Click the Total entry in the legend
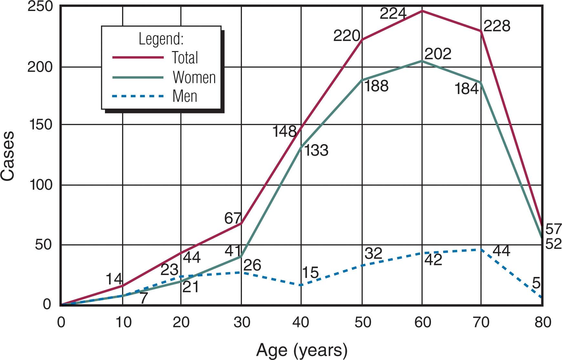(184, 58)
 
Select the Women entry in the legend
(194, 78)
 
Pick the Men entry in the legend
(185, 96)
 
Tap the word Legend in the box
(161, 39)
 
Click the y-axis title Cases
(8, 156)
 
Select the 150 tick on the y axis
(40, 125)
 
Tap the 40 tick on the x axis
(301, 322)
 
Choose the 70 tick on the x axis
(481, 322)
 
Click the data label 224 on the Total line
(393, 14)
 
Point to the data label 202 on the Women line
(438, 54)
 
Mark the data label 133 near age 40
(316, 151)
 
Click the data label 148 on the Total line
(284, 132)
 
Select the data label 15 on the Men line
(310, 273)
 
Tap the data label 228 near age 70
(497, 26)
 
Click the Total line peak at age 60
(422, 11)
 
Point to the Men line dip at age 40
(301, 285)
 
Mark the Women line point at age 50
(362, 80)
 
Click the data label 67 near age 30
(233, 219)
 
